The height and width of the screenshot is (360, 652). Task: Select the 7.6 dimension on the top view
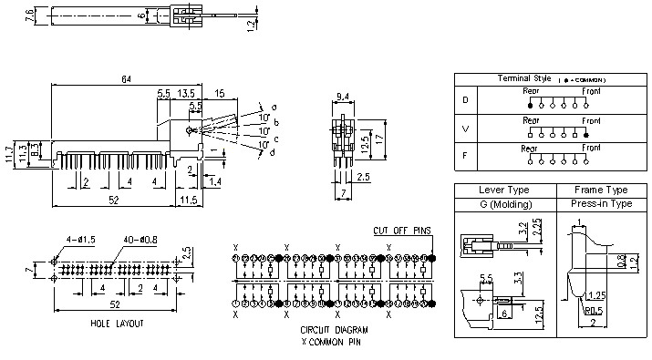(30, 15)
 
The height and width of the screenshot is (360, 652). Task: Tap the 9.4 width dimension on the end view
(343, 95)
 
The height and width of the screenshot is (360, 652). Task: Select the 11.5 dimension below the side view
(188, 200)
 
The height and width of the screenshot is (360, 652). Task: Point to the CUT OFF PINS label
(401, 231)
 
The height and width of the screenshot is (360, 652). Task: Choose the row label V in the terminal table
(465, 129)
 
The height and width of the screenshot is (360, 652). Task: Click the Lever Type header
(504, 190)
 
